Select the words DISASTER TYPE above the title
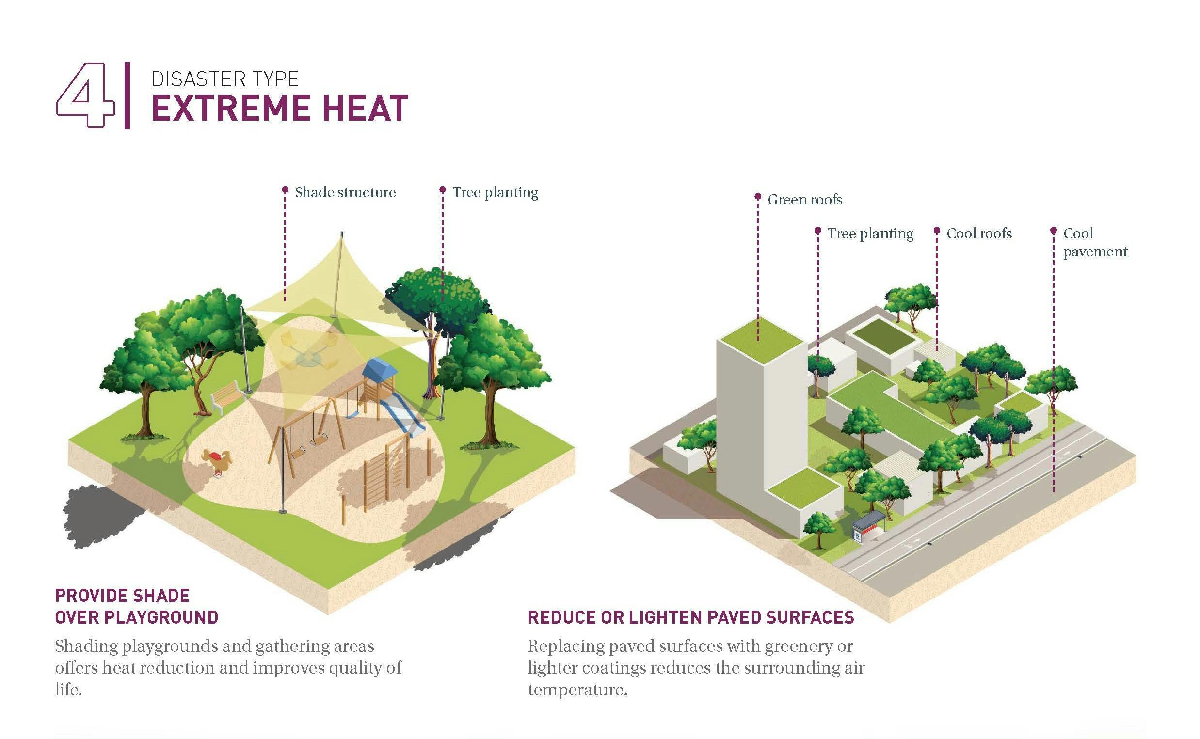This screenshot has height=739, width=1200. coord(224,79)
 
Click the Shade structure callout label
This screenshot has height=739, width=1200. coord(345,192)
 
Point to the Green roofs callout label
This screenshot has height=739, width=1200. coord(804,200)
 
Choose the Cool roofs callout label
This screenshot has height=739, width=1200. coord(979,234)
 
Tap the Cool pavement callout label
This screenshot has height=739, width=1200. coord(1095,242)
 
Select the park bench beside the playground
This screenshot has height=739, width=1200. coord(227,397)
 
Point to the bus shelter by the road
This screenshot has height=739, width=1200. coord(868,525)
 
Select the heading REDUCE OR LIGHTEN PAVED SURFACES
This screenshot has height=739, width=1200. coord(690,617)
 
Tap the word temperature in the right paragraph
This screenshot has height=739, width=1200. coord(576,690)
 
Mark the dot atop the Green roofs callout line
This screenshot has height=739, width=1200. coord(757,196)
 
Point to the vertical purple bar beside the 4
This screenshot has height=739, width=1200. coord(127,95)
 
